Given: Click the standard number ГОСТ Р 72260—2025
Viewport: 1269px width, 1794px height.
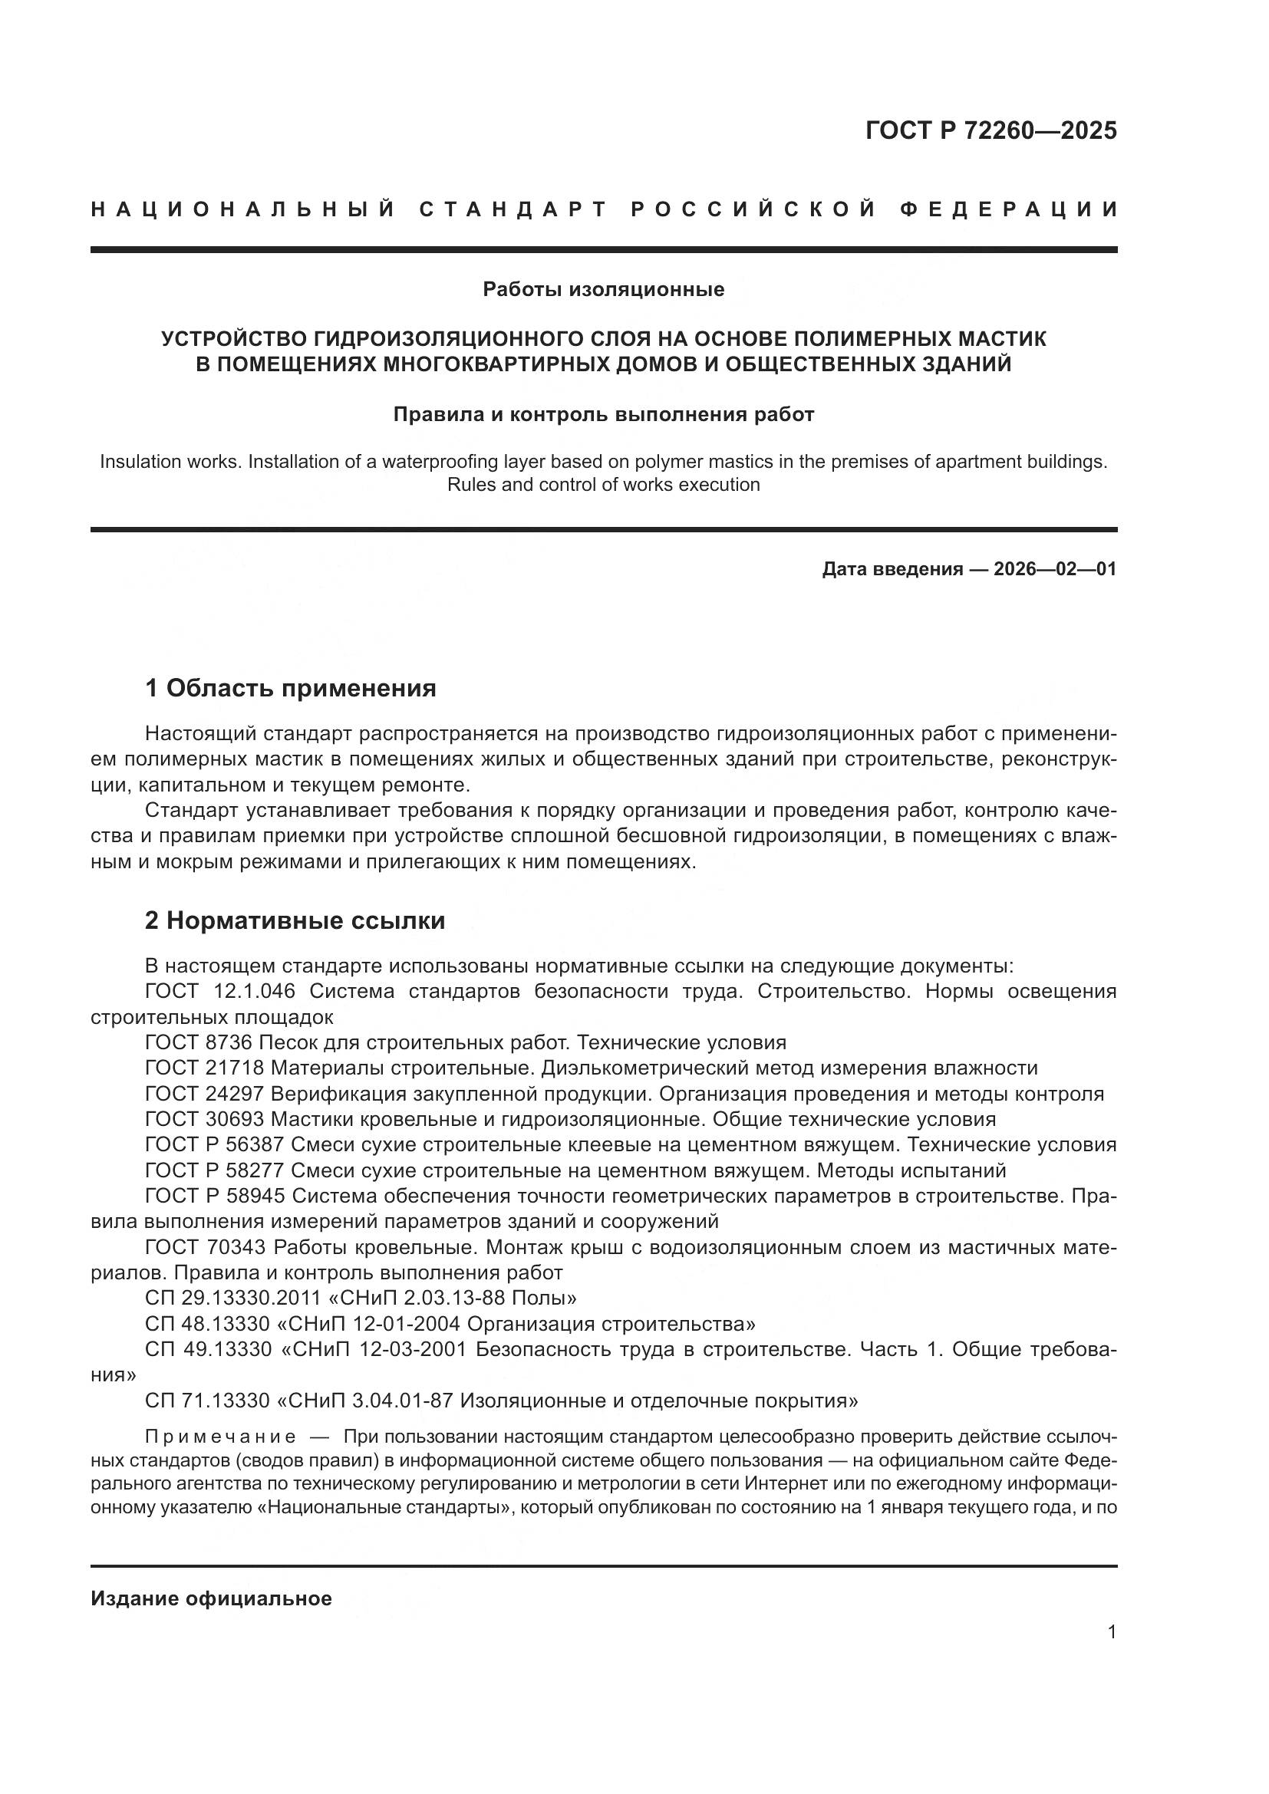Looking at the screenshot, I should (990, 130).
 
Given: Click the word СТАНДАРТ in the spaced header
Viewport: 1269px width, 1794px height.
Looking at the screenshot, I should (513, 209).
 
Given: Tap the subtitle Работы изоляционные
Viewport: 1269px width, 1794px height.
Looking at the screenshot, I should (603, 290).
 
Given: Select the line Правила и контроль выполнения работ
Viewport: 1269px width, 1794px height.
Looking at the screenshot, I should (603, 414).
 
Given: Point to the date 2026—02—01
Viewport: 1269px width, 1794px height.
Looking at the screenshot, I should (1055, 569).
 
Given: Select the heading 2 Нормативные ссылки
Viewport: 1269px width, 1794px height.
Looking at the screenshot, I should (295, 920).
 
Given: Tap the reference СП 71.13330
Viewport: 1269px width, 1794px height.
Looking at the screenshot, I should (207, 1401).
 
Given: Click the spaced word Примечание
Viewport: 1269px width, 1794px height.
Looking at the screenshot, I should (220, 1437).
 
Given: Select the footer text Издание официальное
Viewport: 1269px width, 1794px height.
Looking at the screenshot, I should (211, 1598).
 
